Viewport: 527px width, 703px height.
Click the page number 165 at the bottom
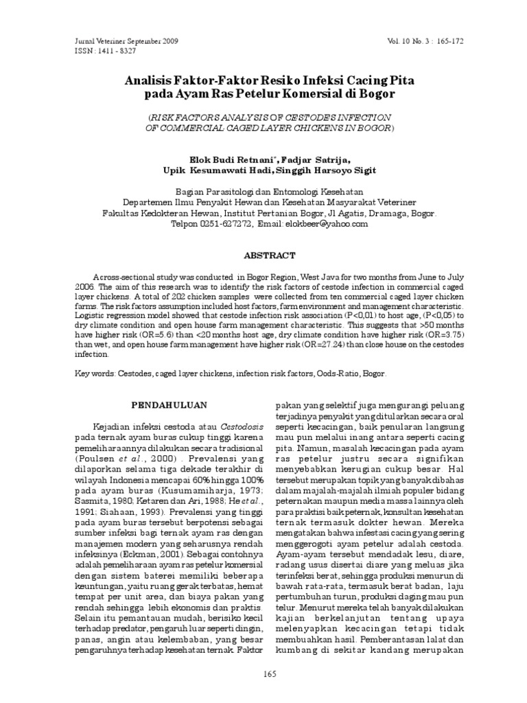[269, 674]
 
